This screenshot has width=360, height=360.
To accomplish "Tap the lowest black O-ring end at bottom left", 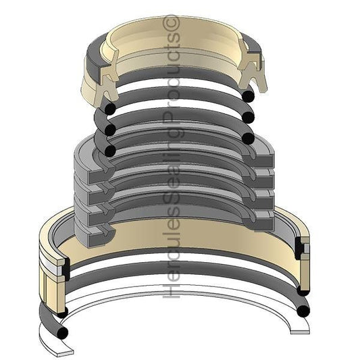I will pyautogui.click(x=61, y=334).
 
